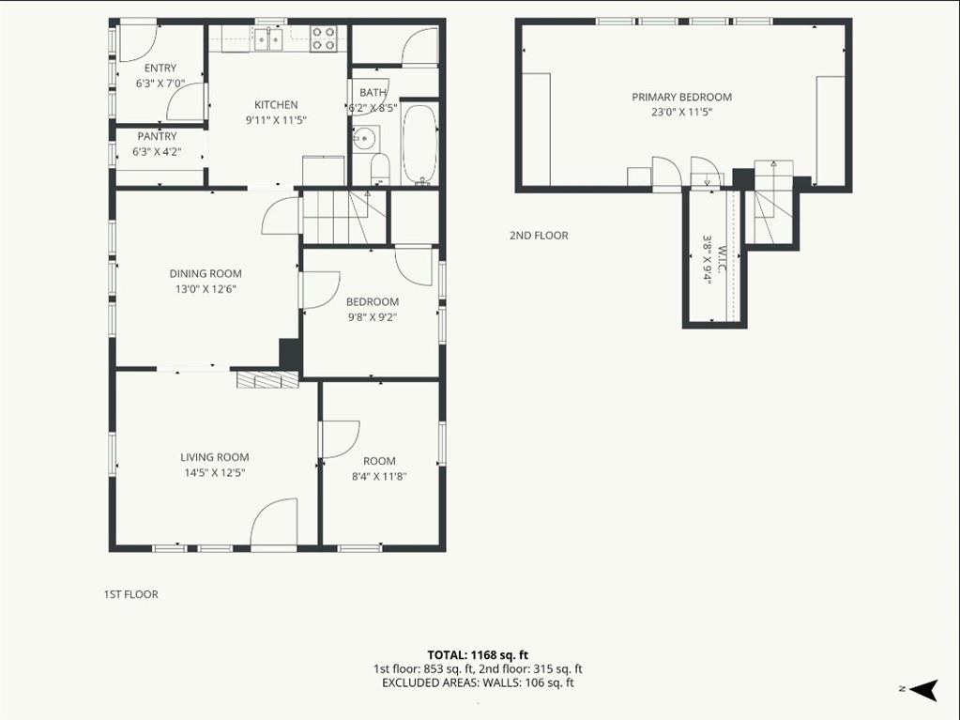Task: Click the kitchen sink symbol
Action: coord(268,38)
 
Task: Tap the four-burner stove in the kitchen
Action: coord(323,38)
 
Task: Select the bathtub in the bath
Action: coord(420,145)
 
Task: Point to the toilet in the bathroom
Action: coord(380,169)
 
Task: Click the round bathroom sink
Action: coord(365,138)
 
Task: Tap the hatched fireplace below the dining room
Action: coord(267,379)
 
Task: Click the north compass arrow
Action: coord(924,689)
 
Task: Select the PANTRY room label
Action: coord(158,136)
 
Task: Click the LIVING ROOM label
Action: coord(214,457)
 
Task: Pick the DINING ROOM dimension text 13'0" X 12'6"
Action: coord(206,289)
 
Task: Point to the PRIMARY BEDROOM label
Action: coord(681,97)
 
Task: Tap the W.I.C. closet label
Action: coord(722,260)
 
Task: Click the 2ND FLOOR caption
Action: coord(539,236)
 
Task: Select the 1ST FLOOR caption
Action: coord(131,594)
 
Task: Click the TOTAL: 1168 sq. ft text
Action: coord(478,655)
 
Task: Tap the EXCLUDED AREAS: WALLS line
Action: coord(478,682)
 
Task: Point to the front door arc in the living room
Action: coord(275,520)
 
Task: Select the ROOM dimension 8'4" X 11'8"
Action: coord(380,477)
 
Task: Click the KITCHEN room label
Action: coord(276,105)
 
